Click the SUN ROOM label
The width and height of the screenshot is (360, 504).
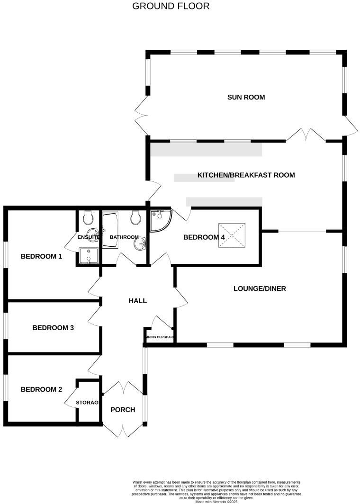pos(246,98)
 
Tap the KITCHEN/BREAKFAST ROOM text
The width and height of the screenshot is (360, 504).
pos(246,175)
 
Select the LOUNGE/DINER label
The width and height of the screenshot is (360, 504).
pos(260,288)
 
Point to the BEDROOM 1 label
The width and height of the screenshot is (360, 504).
pos(42,257)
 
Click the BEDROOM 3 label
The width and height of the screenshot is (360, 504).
pos(53,328)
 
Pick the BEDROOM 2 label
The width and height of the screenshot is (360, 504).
pos(42,390)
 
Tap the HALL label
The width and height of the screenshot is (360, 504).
pos(138,301)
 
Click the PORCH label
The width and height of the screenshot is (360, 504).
pos(123,410)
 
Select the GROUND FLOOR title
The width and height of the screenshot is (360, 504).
pos(171,6)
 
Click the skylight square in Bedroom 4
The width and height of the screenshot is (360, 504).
pos(233,235)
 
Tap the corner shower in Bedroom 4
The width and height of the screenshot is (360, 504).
pos(160,221)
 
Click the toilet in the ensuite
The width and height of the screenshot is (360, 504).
pos(88,218)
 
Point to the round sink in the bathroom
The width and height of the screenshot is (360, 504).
pos(140,244)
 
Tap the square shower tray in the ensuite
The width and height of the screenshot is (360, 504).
pos(88,256)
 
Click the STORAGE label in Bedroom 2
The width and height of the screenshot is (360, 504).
pos(88,403)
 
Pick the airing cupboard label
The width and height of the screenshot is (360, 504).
pos(160,338)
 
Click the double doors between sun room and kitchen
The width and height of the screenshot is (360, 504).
pos(306,135)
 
